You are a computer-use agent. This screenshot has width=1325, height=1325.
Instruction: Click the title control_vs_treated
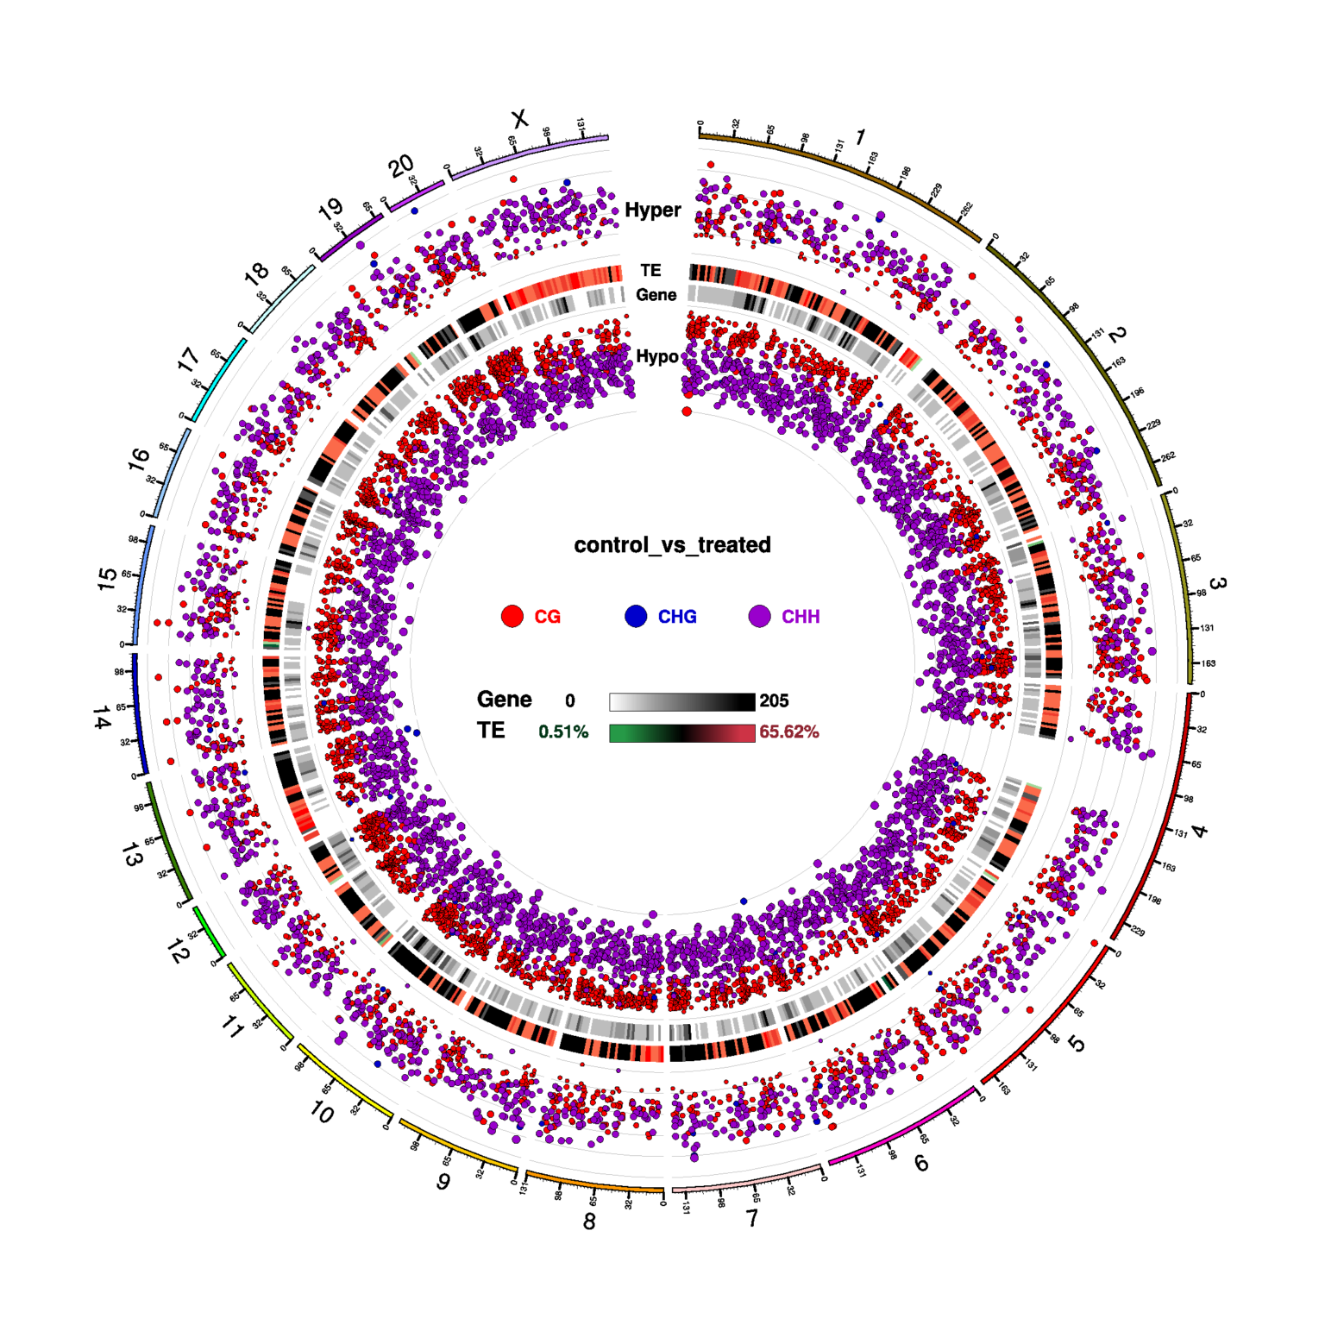672,545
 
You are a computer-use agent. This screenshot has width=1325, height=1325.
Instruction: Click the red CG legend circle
512,616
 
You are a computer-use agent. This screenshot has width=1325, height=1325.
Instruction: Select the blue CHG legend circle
636,616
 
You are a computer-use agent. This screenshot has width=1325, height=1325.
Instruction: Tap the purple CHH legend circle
759,616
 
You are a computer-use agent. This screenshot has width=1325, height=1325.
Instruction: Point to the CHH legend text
801,617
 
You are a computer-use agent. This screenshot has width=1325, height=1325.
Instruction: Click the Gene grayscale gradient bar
681,701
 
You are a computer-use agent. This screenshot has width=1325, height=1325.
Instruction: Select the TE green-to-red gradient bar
681,732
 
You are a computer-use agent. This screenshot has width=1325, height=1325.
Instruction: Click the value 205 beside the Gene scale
774,701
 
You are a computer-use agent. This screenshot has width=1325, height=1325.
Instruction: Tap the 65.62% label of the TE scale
788,732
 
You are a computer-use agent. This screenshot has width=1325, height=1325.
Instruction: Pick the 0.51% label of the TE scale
563,732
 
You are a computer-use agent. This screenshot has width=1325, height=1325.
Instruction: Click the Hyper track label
652,210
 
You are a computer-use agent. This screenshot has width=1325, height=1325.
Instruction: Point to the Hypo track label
656,356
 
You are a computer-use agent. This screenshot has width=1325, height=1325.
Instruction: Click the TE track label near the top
650,271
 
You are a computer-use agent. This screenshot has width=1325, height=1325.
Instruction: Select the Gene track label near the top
656,295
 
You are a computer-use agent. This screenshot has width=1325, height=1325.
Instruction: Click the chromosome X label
519,118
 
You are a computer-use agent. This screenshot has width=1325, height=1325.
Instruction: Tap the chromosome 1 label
859,137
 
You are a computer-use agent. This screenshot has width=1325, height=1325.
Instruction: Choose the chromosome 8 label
589,1221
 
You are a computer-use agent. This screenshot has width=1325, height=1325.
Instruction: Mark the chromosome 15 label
107,579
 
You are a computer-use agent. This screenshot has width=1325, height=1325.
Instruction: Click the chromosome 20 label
401,166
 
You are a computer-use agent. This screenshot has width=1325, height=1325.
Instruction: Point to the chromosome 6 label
921,1164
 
